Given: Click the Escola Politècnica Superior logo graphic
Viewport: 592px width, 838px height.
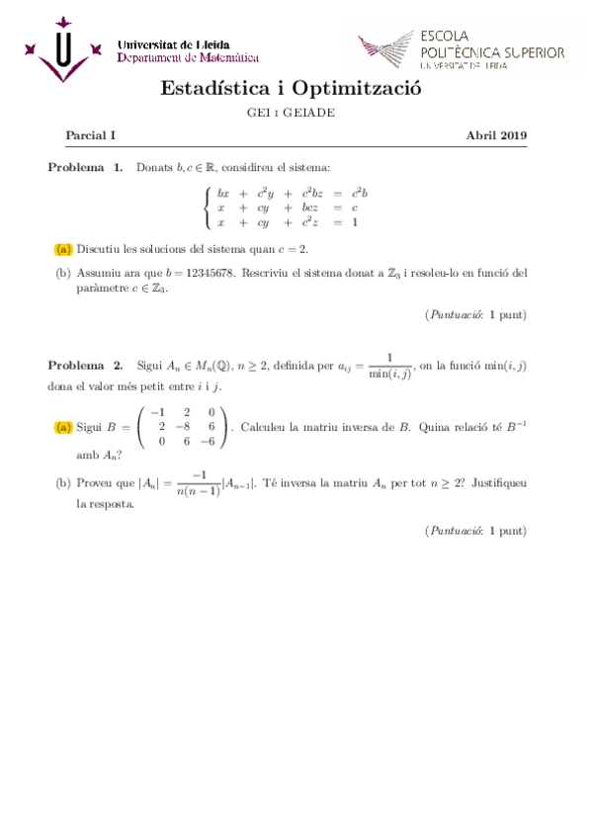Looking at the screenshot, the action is click(387, 50).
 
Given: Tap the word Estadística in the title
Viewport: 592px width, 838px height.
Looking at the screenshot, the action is click(215, 89).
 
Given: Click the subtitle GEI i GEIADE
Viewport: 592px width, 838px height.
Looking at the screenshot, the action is click(291, 113).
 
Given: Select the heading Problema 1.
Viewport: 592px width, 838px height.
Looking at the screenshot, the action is click(85, 167).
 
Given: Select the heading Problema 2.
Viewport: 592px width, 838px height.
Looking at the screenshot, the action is click(85, 365).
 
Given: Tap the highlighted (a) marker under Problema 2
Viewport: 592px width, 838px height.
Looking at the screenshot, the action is click(64, 427).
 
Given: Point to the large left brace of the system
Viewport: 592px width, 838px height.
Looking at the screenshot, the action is click(206, 209).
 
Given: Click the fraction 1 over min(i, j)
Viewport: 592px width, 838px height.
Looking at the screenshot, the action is click(389, 365).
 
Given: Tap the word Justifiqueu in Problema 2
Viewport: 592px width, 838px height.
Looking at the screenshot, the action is click(499, 483).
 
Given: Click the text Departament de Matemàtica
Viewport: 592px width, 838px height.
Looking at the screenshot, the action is click(188, 57).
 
